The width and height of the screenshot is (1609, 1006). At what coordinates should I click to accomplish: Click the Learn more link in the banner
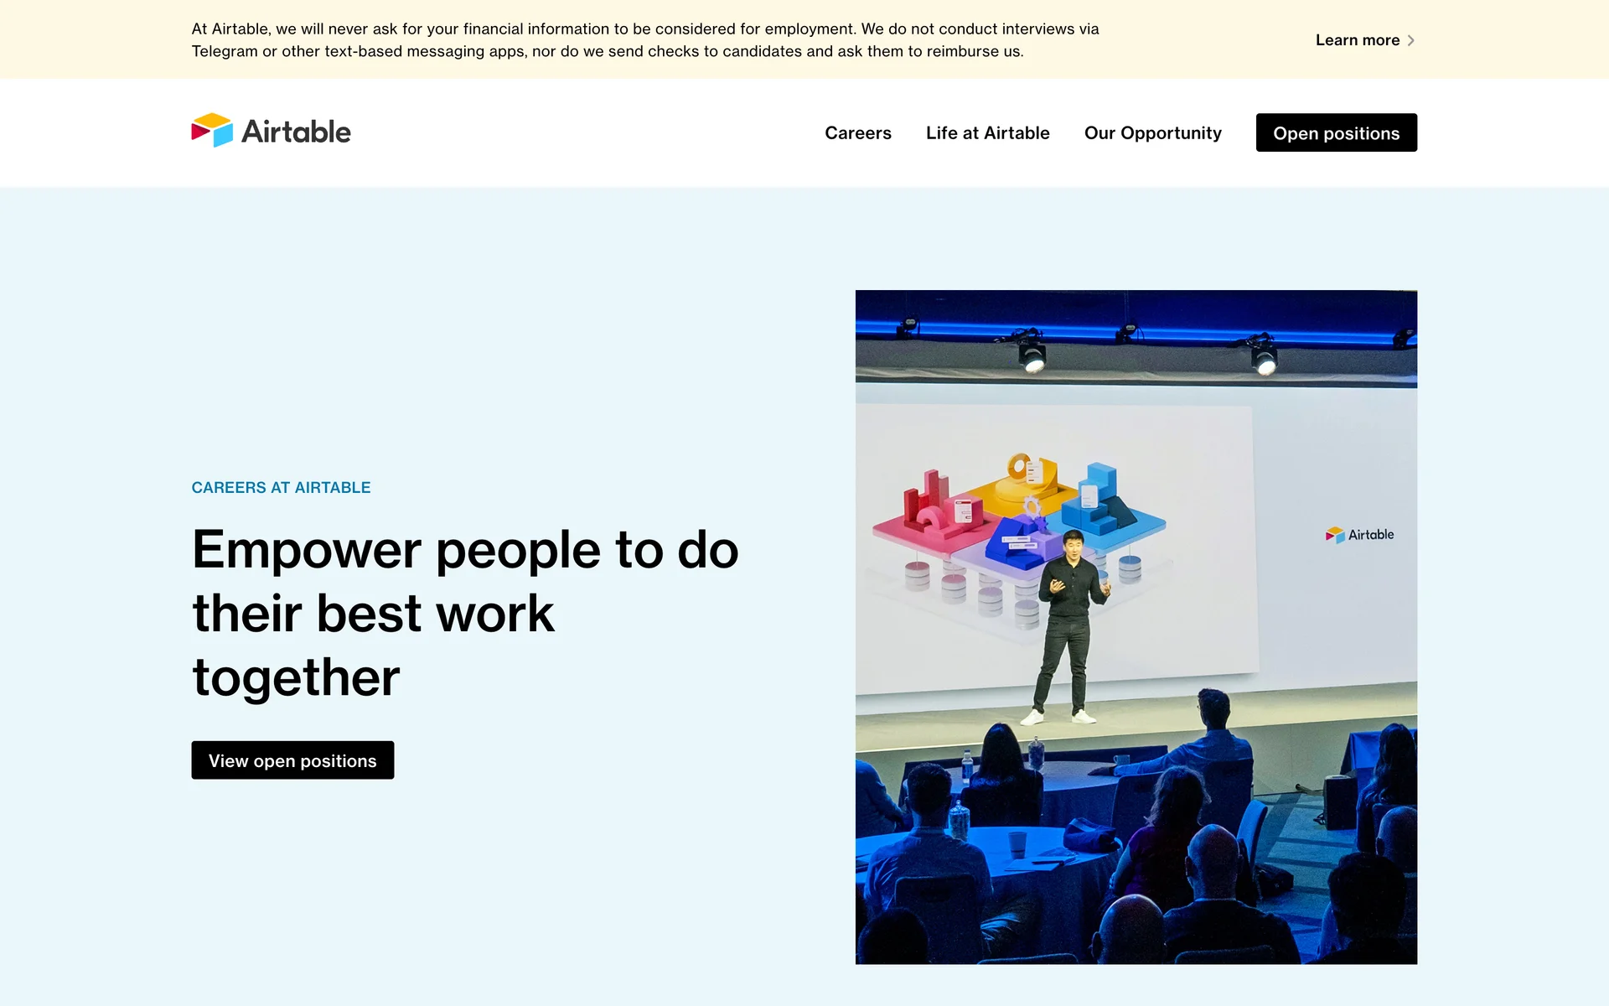1364,40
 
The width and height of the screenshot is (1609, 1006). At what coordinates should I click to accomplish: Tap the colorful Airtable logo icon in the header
212,130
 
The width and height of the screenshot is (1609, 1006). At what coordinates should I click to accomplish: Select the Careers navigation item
857,132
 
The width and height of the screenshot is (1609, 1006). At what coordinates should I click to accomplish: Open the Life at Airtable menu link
987,132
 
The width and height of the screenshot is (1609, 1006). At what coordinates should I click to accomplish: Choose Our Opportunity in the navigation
1152,133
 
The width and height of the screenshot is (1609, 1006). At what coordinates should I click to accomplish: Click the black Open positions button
1336,132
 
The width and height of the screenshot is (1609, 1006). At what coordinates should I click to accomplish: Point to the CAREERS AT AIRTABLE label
281,488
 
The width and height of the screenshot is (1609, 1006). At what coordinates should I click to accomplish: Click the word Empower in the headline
307,551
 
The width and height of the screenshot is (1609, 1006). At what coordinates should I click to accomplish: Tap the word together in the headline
296,677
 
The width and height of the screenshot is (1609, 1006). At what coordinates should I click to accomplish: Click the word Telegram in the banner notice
225,51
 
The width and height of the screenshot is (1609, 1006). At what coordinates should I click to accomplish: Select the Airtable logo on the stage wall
1359,535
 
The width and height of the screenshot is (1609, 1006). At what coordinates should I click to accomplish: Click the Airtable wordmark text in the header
296,132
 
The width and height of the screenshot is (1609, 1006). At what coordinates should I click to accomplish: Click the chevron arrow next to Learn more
1411,40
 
